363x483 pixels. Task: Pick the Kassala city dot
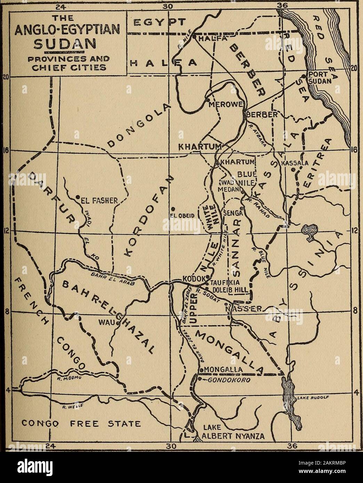pyautogui.click(x=293, y=170)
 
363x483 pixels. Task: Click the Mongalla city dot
pyautogui.click(x=201, y=369)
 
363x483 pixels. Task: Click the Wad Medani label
pyautogui.click(x=228, y=187)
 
